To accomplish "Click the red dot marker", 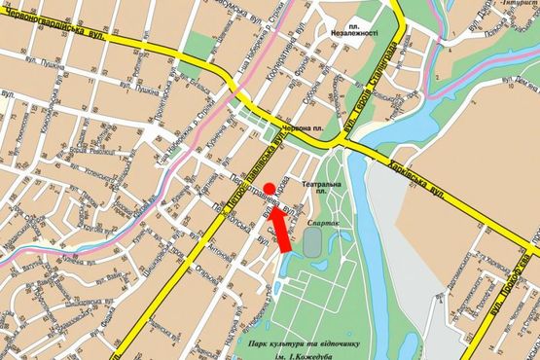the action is tap(269, 189).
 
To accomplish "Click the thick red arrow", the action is tap(280, 230).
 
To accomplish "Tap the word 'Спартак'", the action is tap(325, 223).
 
